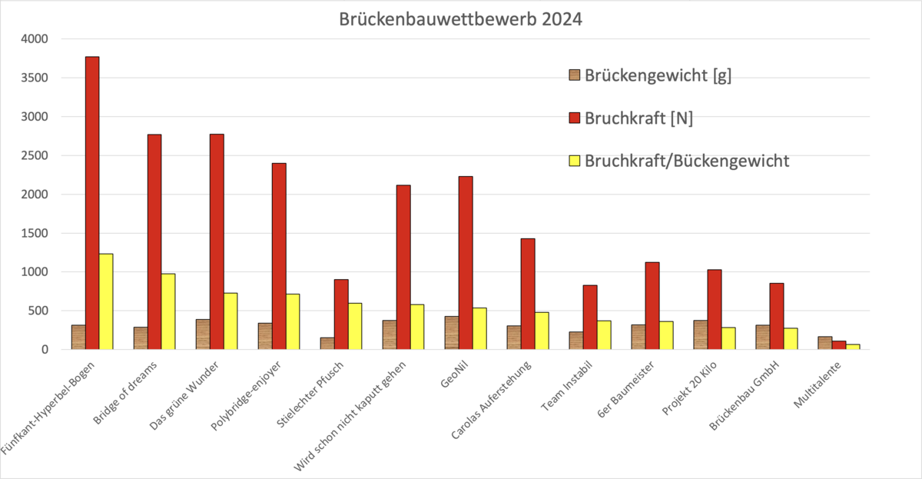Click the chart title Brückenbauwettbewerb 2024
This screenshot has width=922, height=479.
pyautogui.click(x=461, y=19)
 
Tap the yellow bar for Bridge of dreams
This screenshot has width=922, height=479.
pyautogui.click(x=168, y=311)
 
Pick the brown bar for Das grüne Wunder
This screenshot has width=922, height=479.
pyautogui.click(x=203, y=334)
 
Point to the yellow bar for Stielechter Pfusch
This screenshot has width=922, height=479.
pyautogui.click(x=355, y=326)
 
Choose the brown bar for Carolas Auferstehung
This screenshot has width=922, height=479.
pyautogui.click(x=514, y=338)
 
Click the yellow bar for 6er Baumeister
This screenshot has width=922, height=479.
pyautogui.click(x=666, y=335)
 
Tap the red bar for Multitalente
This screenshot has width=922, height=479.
pyautogui.click(x=839, y=345)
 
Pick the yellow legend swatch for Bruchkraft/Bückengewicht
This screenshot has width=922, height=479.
pyautogui.click(x=574, y=161)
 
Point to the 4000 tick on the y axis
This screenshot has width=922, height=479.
pyautogui.click(x=35, y=39)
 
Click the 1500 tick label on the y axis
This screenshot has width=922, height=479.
pyautogui.click(x=35, y=233)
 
